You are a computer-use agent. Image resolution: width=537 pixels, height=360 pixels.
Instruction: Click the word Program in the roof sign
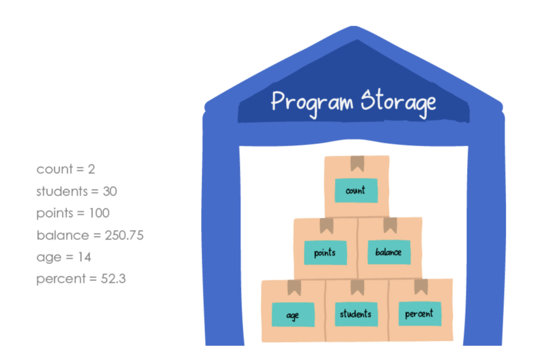pos(312,102)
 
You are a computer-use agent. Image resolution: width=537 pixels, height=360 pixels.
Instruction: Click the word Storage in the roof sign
pos(398,102)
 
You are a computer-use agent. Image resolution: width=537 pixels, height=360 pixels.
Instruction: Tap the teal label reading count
pos(356,190)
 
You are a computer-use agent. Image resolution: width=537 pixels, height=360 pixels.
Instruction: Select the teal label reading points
pos(325,252)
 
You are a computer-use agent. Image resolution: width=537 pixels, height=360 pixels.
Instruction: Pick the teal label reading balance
pos(389,252)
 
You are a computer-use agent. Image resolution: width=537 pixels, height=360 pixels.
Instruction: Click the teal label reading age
pos(293,315)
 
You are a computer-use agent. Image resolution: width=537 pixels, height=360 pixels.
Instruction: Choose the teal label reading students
pos(356,314)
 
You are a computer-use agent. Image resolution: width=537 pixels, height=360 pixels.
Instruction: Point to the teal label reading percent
pos(420,313)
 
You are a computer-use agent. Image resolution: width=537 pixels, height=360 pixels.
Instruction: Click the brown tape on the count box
pos(357,163)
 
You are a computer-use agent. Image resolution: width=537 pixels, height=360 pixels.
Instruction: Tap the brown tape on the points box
pos(326,226)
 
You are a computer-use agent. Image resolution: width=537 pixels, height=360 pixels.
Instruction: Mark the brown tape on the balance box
pos(390,225)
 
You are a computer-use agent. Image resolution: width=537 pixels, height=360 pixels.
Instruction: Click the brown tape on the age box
pos(294,288)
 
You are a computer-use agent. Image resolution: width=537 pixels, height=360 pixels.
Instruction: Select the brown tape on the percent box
pos(421,287)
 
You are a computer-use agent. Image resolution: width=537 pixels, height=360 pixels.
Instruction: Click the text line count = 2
pos(66,170)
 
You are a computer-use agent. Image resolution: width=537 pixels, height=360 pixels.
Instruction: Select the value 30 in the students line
pos(110,192)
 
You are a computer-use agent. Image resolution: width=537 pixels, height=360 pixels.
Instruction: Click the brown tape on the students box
pos(358,287)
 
